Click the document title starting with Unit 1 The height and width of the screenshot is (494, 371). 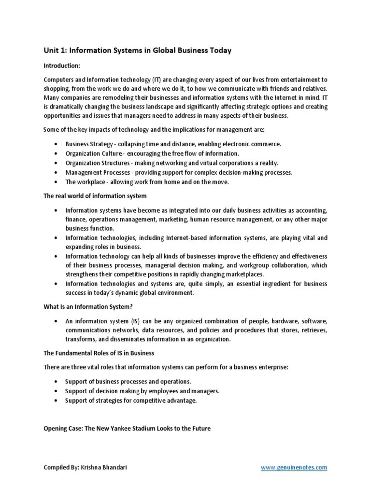click(x=138, y=51)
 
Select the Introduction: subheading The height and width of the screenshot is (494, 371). click(x=62, y=65)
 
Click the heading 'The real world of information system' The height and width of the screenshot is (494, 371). click(x=95, y=196)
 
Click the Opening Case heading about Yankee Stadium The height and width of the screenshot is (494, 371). click(x=127, y=428)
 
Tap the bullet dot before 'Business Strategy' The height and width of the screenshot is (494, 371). click(x=57, y=144)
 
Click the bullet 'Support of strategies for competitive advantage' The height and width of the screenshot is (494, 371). click(x=131, y=400)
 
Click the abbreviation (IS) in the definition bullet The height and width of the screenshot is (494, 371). click(x=136, y=321)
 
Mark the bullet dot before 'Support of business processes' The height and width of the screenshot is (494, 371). click(x=57, y=382)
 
